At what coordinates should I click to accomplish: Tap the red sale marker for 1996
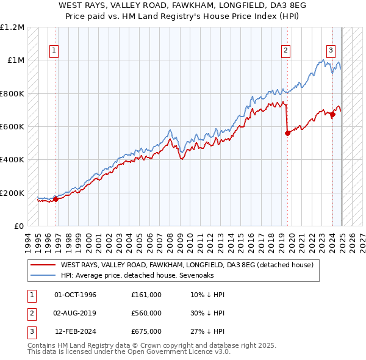coord(56,198)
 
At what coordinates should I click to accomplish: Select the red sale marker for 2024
coord(332,114)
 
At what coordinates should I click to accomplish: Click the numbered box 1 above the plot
coord(55,51)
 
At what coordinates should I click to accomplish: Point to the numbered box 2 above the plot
coord(285,51)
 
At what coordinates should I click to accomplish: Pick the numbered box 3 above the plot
coord(331,51)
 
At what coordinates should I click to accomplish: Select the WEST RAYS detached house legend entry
coord(187,265)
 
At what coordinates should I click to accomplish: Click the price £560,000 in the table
coord(146,313)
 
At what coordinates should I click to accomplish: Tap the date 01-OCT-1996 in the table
coord(75,295)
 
